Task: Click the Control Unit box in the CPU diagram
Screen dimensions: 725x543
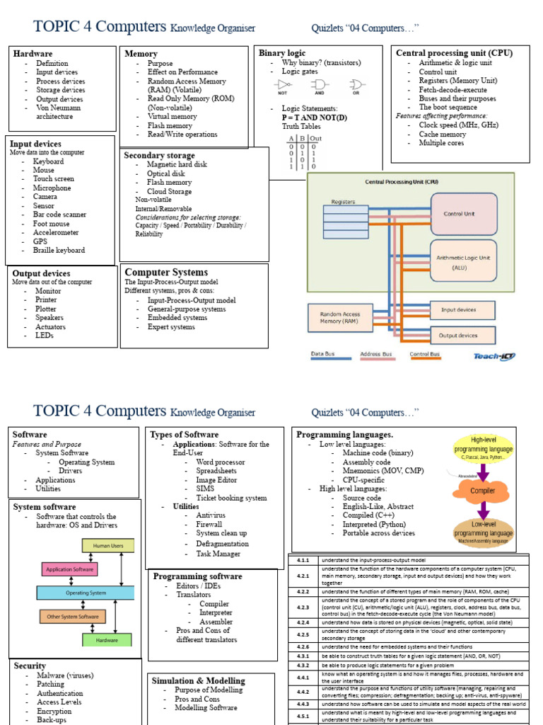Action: pyautogui.click(x=463, y=213)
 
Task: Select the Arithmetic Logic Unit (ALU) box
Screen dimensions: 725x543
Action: pyautogui.click(x=463, y=263)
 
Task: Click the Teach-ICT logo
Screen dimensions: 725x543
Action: pyautogui.click(x=494, y=356)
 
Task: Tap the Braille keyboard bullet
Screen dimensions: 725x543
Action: pyautogui.click(x=59, y=250)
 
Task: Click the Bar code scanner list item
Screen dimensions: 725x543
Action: pyautogui.click(x=59, y=215)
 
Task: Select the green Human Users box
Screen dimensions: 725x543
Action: pyautogui.click(x=107, y=545)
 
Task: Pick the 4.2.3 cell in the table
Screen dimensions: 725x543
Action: pyautogui.click(x=303, y=607)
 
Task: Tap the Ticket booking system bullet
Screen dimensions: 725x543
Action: pyautogui.click(x=231, y=498)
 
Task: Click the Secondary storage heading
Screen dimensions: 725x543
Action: pyautogui.click(x=159, y=155)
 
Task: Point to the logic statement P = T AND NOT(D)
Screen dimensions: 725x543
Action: pyautogui.click(x=314, y=117)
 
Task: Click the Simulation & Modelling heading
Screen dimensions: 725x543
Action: pyautogui.click(x=198, y=680)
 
